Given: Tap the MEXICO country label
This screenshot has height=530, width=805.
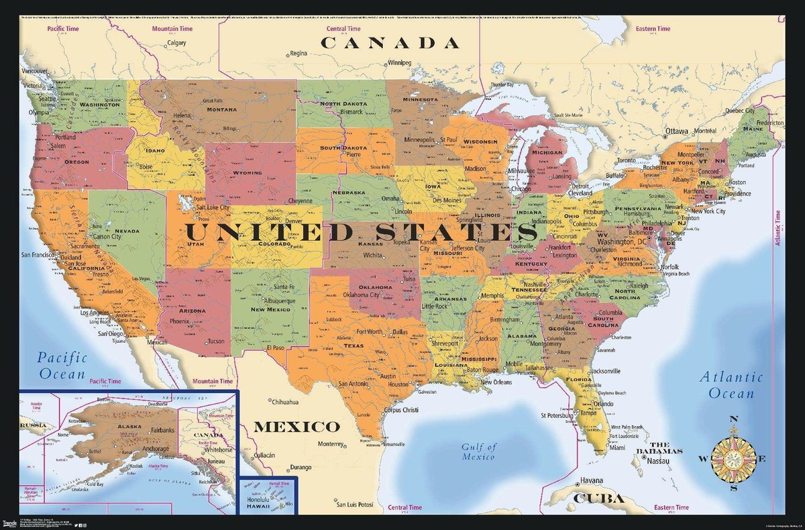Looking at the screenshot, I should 296,427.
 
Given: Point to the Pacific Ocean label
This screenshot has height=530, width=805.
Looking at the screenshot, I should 62,365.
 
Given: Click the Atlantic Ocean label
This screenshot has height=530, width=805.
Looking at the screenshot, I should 732,385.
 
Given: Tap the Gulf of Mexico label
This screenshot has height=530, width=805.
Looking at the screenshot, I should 478,452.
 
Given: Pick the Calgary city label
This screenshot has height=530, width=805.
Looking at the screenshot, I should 176,43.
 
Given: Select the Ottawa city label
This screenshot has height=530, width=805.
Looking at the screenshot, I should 677,131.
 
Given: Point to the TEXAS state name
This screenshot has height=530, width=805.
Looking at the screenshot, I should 353,346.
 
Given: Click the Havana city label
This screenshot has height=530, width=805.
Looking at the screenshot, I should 591,480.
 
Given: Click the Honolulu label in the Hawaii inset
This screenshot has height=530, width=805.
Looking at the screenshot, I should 258,500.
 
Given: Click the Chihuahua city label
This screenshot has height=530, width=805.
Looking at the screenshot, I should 283,403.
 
